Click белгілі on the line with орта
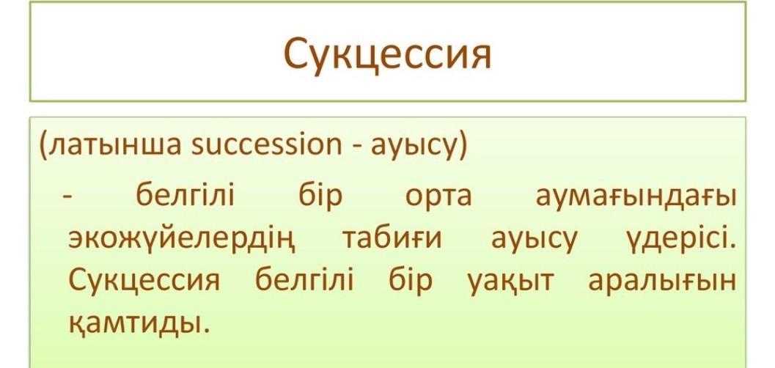[x=185, y=194]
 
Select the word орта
[x=438, y=198]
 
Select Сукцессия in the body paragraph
[x=143, y=281]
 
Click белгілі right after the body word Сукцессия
[x=304, y=281]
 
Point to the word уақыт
[x=510, y=283]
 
